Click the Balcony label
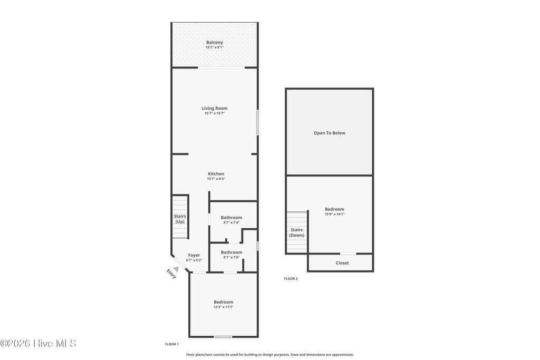[215, 42]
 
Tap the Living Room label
[215, 108]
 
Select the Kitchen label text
[216, 173]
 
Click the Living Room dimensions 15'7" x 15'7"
[215, 113]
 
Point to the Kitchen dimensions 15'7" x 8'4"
[216, 179]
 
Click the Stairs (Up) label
[180, 219]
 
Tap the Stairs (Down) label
[297, 232]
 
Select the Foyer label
[194, 255]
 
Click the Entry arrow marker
[176, 269]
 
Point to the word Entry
[171, 274]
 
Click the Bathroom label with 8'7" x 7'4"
[232, 218]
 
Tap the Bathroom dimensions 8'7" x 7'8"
[232, 257]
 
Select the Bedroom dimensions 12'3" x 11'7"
[224, 307]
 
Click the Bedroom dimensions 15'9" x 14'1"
[334, 214]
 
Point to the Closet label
[342, 263]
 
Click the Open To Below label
[330, 133]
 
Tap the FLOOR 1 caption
[172, 344]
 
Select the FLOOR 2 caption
[291, 279]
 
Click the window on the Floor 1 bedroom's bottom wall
[223, 337]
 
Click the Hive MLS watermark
[38, 343]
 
